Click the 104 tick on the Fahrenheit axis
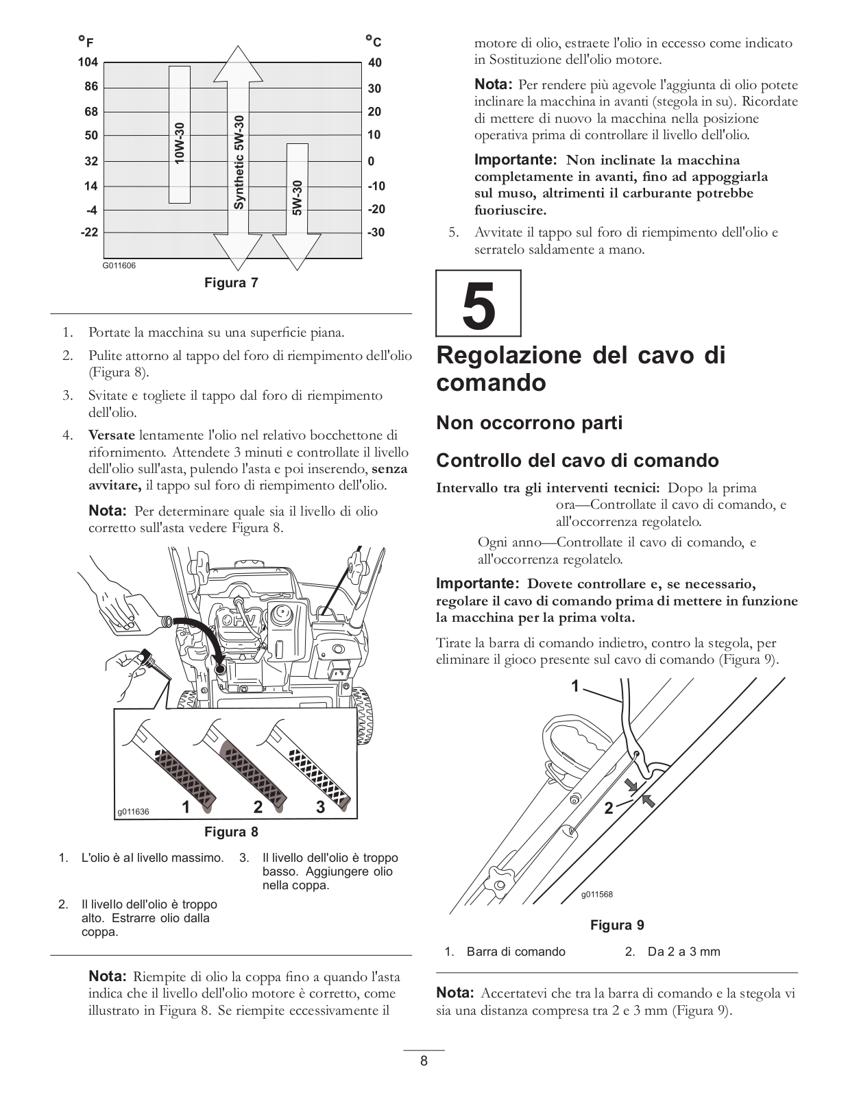(88, 62)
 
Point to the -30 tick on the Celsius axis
(376, 232)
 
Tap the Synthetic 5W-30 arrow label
(239, 162)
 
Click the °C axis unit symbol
(373, 41)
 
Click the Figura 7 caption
(231, 282)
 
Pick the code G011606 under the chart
(119, 265)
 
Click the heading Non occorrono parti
(529, 422)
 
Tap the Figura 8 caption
(231, 832)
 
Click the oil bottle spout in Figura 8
(166, 620)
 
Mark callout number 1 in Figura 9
(576, 686)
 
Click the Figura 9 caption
(617, 925)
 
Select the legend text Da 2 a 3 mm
(683, 952)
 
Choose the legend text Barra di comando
(516, 952)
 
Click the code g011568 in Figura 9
(596, 894)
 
